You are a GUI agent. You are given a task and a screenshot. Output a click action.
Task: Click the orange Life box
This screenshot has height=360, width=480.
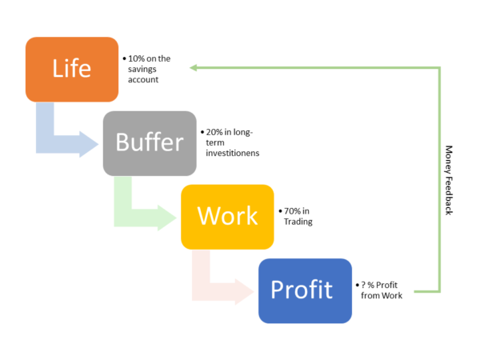click(x=72, y=70)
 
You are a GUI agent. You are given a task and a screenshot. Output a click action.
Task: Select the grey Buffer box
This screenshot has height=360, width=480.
click(x=150, y=143)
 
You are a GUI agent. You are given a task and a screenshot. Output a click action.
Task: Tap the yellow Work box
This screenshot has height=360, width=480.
click(x=227, y=217)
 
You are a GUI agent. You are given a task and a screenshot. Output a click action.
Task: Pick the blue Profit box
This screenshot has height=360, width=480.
click(x=306, y=291)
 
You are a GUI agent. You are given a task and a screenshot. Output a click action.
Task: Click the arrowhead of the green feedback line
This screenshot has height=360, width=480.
click(x=193, y=68)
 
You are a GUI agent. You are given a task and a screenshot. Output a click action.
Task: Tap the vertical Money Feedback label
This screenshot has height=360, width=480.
click(x=449, y=180)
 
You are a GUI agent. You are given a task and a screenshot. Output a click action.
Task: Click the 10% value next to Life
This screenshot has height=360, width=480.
click(x=136, y=58)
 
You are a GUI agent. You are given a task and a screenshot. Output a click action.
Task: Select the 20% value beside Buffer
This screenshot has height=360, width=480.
click(x=214, y=132)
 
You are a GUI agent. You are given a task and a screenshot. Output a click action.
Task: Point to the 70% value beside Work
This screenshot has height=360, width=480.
click(x=292, y=211)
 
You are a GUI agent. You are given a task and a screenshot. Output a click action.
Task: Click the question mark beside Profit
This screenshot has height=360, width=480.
click(x=363, y=285)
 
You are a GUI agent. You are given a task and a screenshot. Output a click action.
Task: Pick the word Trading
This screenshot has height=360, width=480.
click(x=298, y=222)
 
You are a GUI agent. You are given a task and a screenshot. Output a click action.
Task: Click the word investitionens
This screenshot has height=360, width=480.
click(x=233, y=153)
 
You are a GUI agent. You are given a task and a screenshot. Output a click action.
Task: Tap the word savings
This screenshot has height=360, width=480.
click(x=142, y=70)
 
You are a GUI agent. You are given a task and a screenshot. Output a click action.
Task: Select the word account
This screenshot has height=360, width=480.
click(x=143, y=79)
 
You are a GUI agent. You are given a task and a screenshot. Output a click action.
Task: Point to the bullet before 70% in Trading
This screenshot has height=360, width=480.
click(x=281, y=211)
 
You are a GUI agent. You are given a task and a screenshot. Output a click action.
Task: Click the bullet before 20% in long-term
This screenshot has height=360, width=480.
click(x=202, y=132)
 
